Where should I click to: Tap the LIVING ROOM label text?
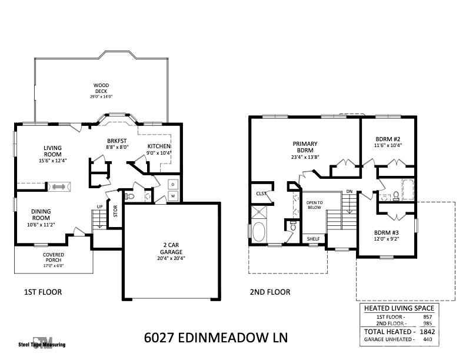point(52,152)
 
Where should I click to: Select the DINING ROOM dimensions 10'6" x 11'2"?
point(41,224)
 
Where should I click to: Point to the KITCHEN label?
point(158,146)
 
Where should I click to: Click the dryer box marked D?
point(173,184)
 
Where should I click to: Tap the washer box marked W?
point(173,196)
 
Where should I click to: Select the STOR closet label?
point(115,211)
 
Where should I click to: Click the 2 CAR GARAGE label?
point(170,248)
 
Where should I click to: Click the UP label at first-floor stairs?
point(100,206)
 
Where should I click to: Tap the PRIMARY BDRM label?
point(305,147)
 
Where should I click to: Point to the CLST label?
point(260,194)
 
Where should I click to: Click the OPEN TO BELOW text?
point(314,205)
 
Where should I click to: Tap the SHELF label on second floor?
point(313,239)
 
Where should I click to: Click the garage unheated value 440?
point(427,339)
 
